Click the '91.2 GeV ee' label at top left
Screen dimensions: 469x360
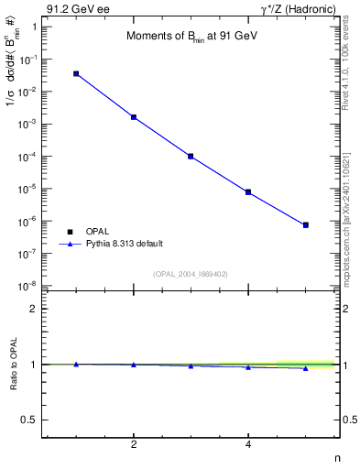72,10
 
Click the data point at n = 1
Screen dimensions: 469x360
76,73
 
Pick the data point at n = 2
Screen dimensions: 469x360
134,117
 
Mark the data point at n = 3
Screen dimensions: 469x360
191,157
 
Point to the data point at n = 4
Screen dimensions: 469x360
248,192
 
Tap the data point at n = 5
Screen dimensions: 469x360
306,224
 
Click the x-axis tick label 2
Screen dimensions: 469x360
134,445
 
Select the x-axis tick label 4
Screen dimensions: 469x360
248,445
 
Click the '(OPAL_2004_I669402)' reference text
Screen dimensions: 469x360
191,274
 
